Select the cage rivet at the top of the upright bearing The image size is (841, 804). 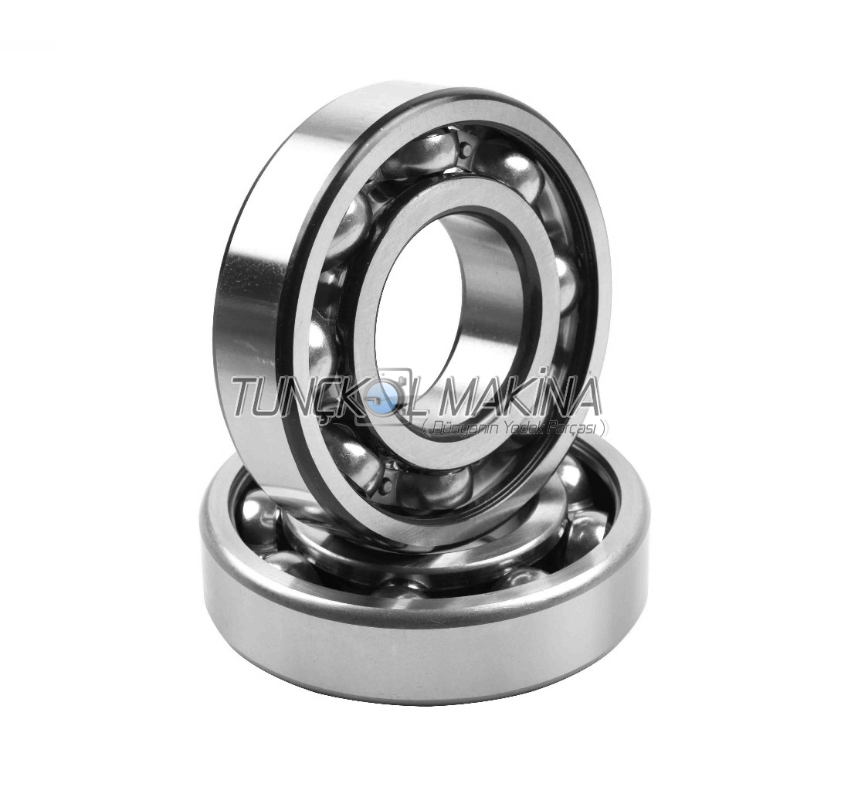click(x=464, y=147)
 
